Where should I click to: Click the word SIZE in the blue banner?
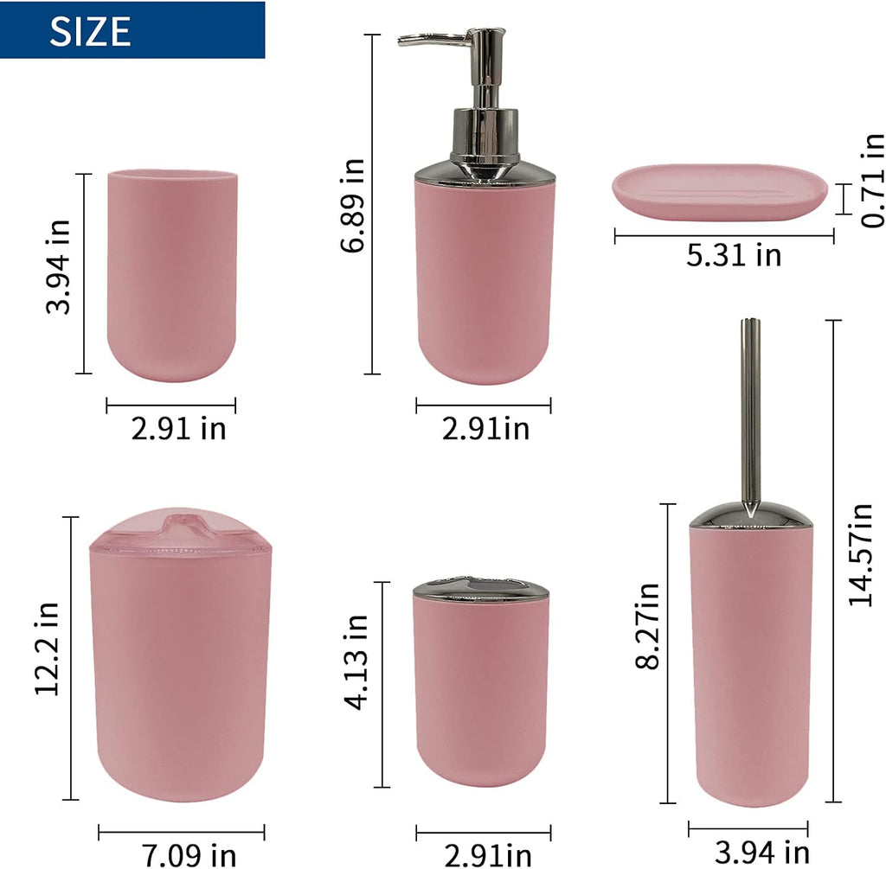[90, 31]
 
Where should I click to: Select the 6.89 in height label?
[353, 205]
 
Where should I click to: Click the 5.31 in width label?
[734, 255]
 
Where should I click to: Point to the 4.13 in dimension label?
[356, 662]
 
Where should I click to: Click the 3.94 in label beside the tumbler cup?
[61, 269]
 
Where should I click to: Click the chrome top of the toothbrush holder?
[480, 590]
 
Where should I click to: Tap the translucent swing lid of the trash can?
[179, 531]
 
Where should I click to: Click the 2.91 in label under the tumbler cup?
[178, 427]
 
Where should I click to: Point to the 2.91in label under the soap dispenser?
[485, 427]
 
